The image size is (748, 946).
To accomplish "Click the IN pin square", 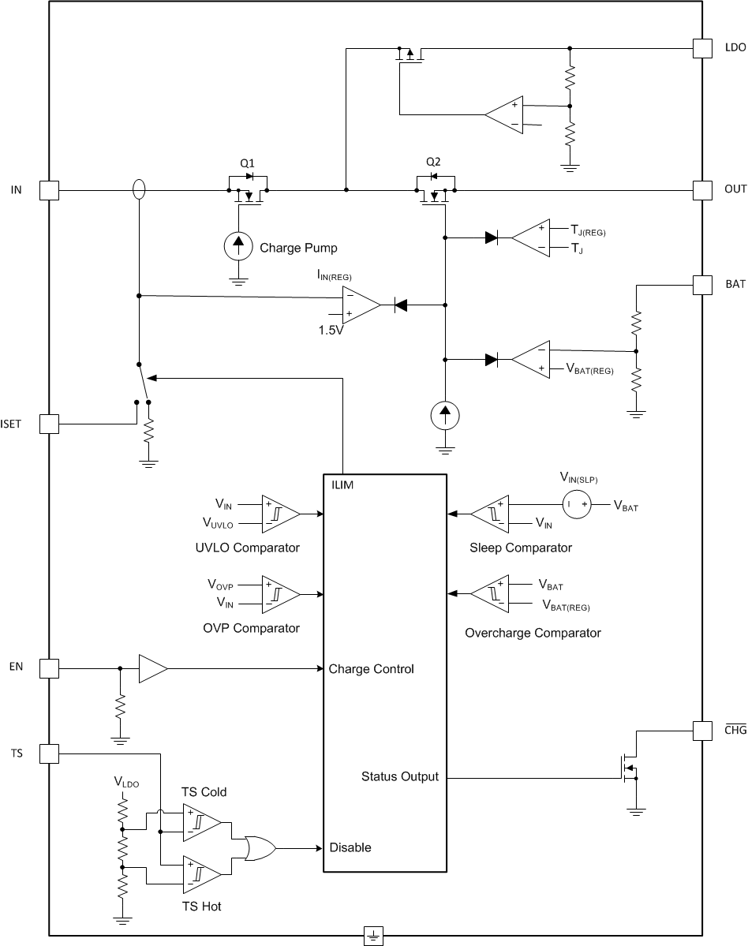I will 49,189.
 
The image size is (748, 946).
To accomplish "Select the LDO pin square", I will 702,48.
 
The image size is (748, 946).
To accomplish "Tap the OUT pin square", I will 702,189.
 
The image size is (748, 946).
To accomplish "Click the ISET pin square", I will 49,424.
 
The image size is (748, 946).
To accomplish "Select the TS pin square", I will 49,753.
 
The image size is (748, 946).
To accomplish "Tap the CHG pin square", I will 702,731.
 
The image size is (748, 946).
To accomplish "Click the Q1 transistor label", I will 248,163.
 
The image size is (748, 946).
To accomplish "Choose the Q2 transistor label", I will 433,162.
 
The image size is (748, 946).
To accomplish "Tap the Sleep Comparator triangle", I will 490,514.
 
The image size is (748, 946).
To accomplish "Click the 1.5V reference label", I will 331,330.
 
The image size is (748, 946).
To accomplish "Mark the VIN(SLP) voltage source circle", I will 578,504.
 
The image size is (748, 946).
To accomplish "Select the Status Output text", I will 399,776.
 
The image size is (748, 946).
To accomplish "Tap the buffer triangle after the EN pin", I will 152,669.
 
